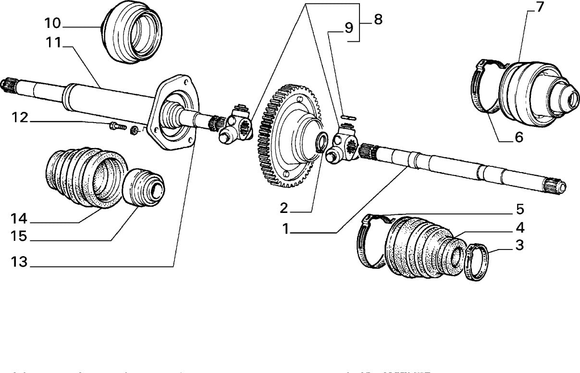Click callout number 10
(53, 23)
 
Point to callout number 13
(21, 262)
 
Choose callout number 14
(21, 219)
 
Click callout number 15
(21, 237)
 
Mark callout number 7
(540, 8)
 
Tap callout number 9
(348, 28)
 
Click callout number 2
(284, 208)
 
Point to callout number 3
(519, 245)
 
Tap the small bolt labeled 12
(117, 127)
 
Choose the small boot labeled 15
(143, 188)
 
